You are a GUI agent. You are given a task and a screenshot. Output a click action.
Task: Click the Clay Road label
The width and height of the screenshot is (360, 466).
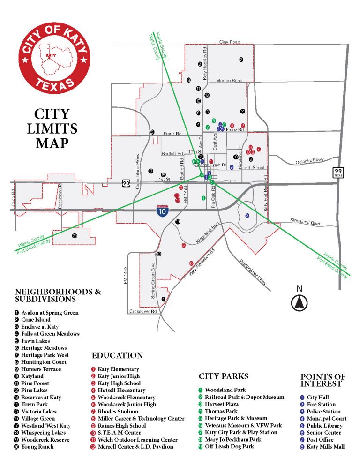[230, 42]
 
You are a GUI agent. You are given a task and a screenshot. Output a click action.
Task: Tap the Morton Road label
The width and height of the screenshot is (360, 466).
[229, 81]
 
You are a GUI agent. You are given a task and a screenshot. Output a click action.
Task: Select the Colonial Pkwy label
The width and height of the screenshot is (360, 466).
[310, 161]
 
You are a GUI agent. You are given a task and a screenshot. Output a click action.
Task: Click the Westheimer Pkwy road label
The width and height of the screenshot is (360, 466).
[253, 273]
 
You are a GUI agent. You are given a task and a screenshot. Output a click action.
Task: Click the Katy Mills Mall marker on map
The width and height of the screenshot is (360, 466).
[247, 216]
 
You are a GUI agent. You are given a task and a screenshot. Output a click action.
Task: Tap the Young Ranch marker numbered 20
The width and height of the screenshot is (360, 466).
[75, 236]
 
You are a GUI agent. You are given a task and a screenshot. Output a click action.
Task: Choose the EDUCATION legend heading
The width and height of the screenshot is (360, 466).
[117, 355]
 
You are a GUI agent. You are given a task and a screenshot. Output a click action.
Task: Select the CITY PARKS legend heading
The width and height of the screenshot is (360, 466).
[224, 376]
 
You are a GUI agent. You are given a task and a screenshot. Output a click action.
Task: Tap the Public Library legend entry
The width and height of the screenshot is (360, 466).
[324, 426]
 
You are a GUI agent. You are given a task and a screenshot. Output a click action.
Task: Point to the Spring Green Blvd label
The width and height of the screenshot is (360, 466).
[153, 281]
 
